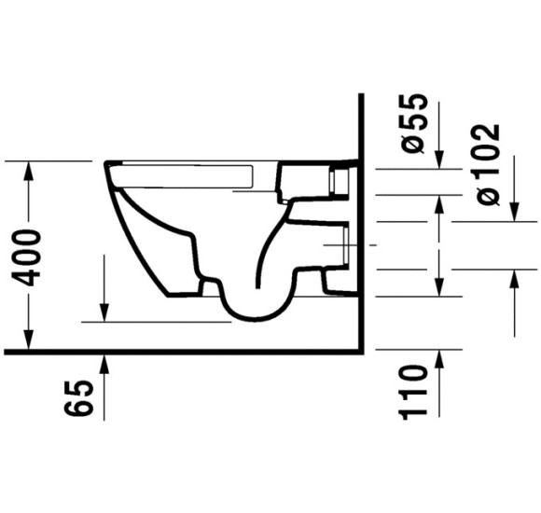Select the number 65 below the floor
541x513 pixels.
[81, 398]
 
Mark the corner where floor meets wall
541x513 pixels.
[360, 352]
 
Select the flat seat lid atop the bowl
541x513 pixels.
[187, 165]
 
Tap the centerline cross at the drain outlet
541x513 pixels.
[345, 244]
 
